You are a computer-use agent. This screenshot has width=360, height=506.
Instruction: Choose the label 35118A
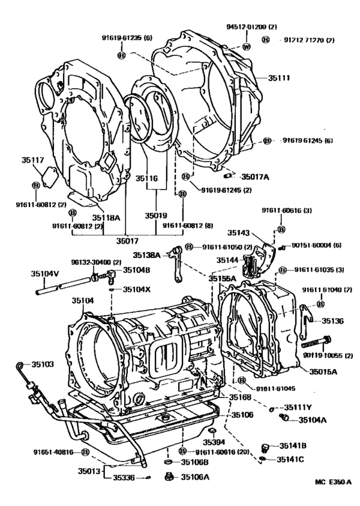(106, 217)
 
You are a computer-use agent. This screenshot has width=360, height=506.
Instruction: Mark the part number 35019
(156, 215)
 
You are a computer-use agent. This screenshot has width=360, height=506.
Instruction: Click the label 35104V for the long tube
(44, 273)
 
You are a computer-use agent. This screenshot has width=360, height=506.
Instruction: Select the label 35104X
(136, 289)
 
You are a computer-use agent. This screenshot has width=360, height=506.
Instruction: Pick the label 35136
(332, 320)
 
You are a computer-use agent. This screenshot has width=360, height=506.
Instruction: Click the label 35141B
(291, 445)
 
